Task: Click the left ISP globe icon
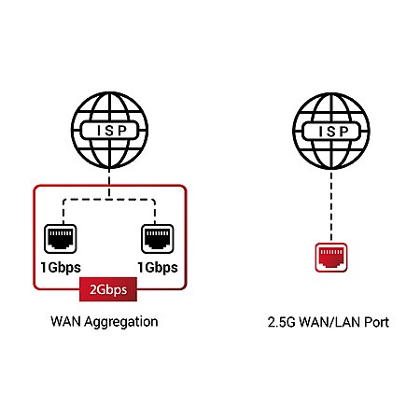(x=109, y=130)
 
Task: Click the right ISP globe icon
(x=331, y=131)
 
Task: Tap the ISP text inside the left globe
(x=112, y=131)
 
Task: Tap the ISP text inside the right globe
(x=333, y=132)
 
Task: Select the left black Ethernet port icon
(x=61, y=239)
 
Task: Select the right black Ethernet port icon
(x=158, y=239)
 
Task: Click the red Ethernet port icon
(x=331, y=258)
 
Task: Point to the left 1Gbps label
(x=61, y=268)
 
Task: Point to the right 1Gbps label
(x=158, y=268)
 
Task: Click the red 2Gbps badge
(x=108, y=289)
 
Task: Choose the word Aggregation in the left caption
(x=121, y=322)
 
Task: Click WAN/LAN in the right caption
(x=330, y=322)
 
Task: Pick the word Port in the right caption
(x=377, y=322)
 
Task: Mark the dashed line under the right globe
(x=331, y=206)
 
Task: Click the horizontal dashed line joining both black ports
(x=109, y=200)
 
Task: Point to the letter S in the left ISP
(x=109, y=131)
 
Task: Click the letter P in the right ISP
(x=343, y=132)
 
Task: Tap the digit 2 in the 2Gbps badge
(x=93, y=289)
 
